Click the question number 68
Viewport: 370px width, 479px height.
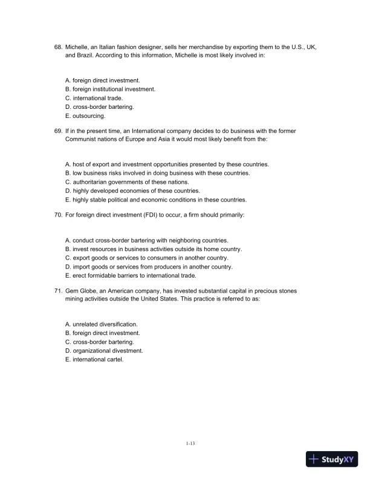(58, 47)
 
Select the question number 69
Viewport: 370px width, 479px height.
(58, 131)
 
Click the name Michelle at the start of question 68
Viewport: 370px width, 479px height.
(77, 47)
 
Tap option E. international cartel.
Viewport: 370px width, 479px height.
(94, 359)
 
